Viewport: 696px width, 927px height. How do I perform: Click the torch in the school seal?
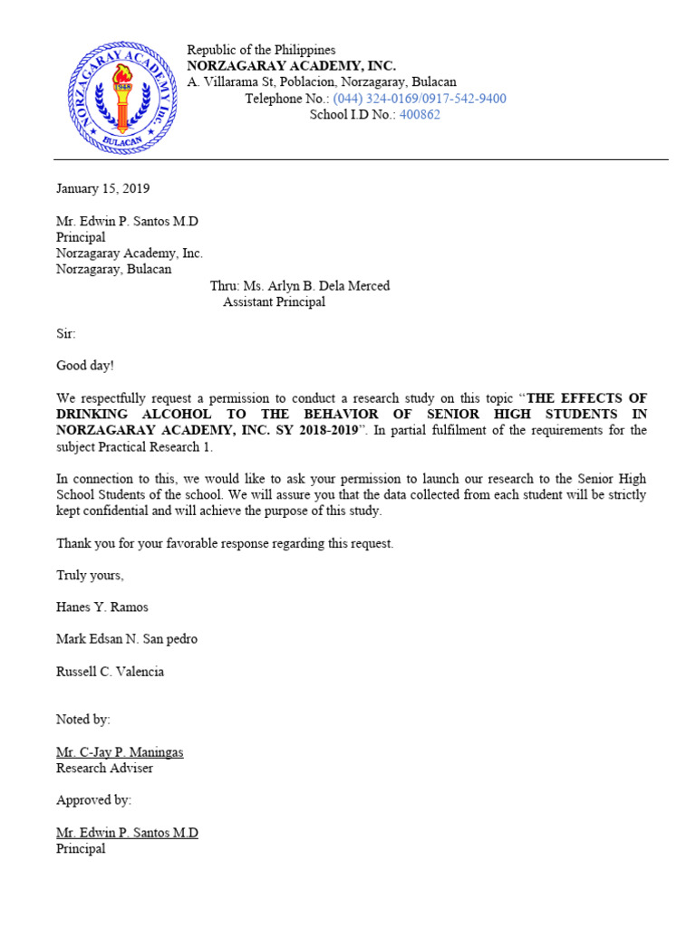[x=122, y=91]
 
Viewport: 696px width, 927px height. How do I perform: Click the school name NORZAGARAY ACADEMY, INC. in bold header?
[x=291, y=66]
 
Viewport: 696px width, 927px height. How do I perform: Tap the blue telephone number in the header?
[x=420, y=99]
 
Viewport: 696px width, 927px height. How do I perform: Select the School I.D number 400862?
[x=420, y=115]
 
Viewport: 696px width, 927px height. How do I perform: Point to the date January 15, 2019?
[x=102, y=189]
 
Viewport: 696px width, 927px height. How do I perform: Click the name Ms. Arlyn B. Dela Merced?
[x=316, y=286]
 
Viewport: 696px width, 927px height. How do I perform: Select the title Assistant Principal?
[x=274, y=302]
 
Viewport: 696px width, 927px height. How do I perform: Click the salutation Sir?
[x=66, y=334]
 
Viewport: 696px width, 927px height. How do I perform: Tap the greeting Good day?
[x=85, y=366]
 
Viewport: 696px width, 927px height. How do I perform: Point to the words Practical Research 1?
[x=162, y=446]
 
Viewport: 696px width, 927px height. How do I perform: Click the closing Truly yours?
[x=90, y=575]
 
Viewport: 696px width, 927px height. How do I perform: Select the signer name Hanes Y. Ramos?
[x=102, y=607]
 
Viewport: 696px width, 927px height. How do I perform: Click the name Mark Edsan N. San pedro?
[x=127, y=639]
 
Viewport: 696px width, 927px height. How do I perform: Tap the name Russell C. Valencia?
[x=111, y=672]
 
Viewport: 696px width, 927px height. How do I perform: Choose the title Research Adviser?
[x=104, y=769]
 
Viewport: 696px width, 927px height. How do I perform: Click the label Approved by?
[x=93, y=800]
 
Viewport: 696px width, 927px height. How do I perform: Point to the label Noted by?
[x=83, y=720]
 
